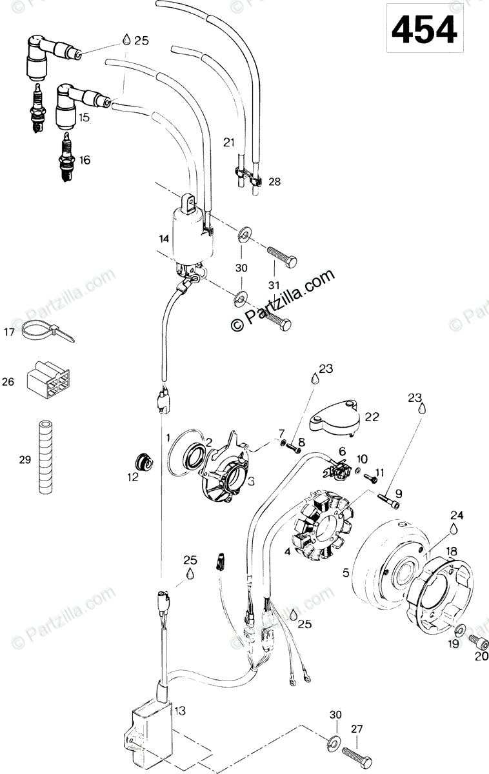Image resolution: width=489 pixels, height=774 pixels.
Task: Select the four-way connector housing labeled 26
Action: (x=46, y=381)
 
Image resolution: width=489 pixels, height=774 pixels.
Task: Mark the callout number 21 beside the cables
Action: (x=227, y=142)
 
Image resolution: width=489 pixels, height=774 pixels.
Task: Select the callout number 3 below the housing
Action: (x=231, y=481)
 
